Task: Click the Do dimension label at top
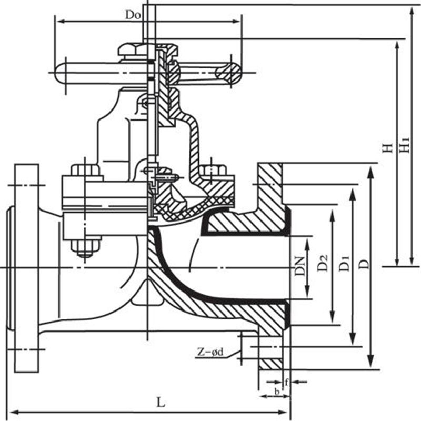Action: pos(132,15)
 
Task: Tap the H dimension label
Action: pos(388,148)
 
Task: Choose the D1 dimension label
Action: pos(345,262)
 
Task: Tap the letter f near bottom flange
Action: pos(286,382)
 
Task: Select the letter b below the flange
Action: pos(277,392)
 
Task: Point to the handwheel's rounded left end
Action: pos(59,69)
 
